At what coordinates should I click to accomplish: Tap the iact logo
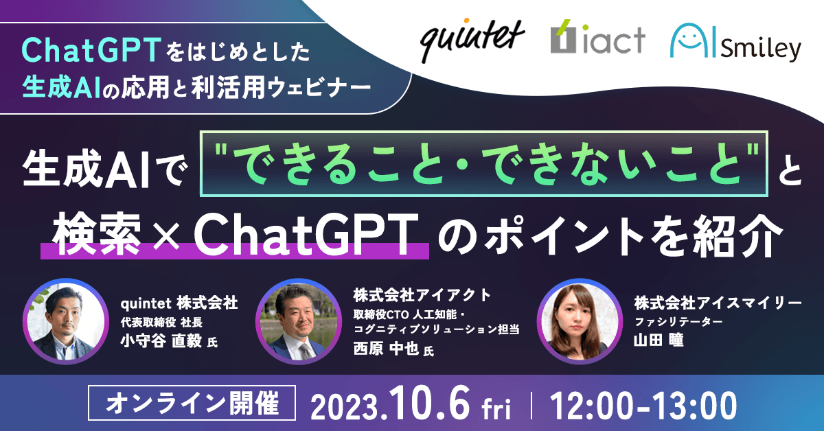coord(597,39)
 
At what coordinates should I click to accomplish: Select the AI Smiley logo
coord(735,43)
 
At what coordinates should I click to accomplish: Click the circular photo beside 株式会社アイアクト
coord(297,321)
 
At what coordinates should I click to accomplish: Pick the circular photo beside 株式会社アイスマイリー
coord(577,321)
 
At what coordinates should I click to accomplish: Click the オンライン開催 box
coord(193,404)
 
